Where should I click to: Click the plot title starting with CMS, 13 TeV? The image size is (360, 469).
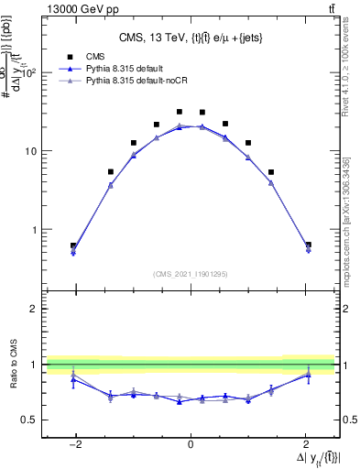tap(190, 38)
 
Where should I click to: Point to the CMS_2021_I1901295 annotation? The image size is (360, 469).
tap(190, 273)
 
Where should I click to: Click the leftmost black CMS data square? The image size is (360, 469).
tap(73, 245)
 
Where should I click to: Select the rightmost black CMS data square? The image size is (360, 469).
tap(308, 245)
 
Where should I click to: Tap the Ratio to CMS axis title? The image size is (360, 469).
tap(14, 365)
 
